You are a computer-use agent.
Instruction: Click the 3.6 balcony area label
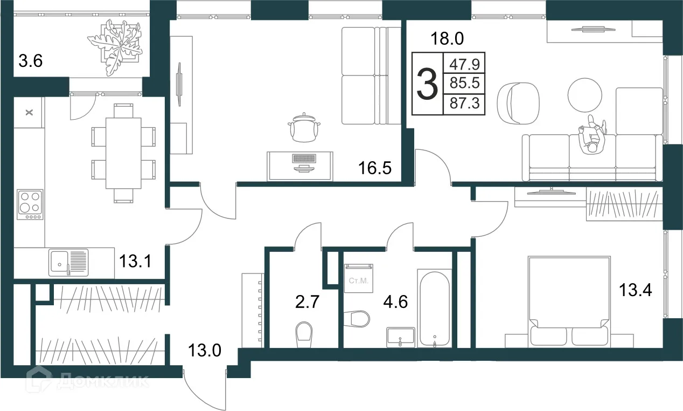coord(31,61)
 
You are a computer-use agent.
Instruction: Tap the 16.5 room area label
coord(375,168)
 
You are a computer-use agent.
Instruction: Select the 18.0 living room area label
coord(447,38)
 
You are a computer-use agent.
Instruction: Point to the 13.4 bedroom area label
coord(636,290)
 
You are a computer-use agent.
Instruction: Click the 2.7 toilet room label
coord(307,302)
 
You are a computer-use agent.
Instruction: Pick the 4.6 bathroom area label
coord(395,302)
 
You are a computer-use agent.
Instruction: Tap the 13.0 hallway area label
coord(204,350)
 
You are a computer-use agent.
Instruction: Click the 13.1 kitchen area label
coord(135,262)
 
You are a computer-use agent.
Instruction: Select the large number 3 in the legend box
coord(427,84)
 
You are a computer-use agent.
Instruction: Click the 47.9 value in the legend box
coord(464,64)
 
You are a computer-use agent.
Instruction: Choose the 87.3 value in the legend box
coord(464,103)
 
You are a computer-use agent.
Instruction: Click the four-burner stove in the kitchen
coord(30,204)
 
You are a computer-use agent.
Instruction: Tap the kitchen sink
coord(68,262)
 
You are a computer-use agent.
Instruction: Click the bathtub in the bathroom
coord(435,309)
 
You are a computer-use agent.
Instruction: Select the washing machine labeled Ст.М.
coord(359,278)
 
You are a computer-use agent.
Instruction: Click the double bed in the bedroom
coord(569,302)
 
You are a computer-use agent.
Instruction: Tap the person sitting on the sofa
coord(592,135)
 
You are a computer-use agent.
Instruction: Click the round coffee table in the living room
coord(585,95)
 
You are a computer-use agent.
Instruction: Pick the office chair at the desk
coord(304,127)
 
